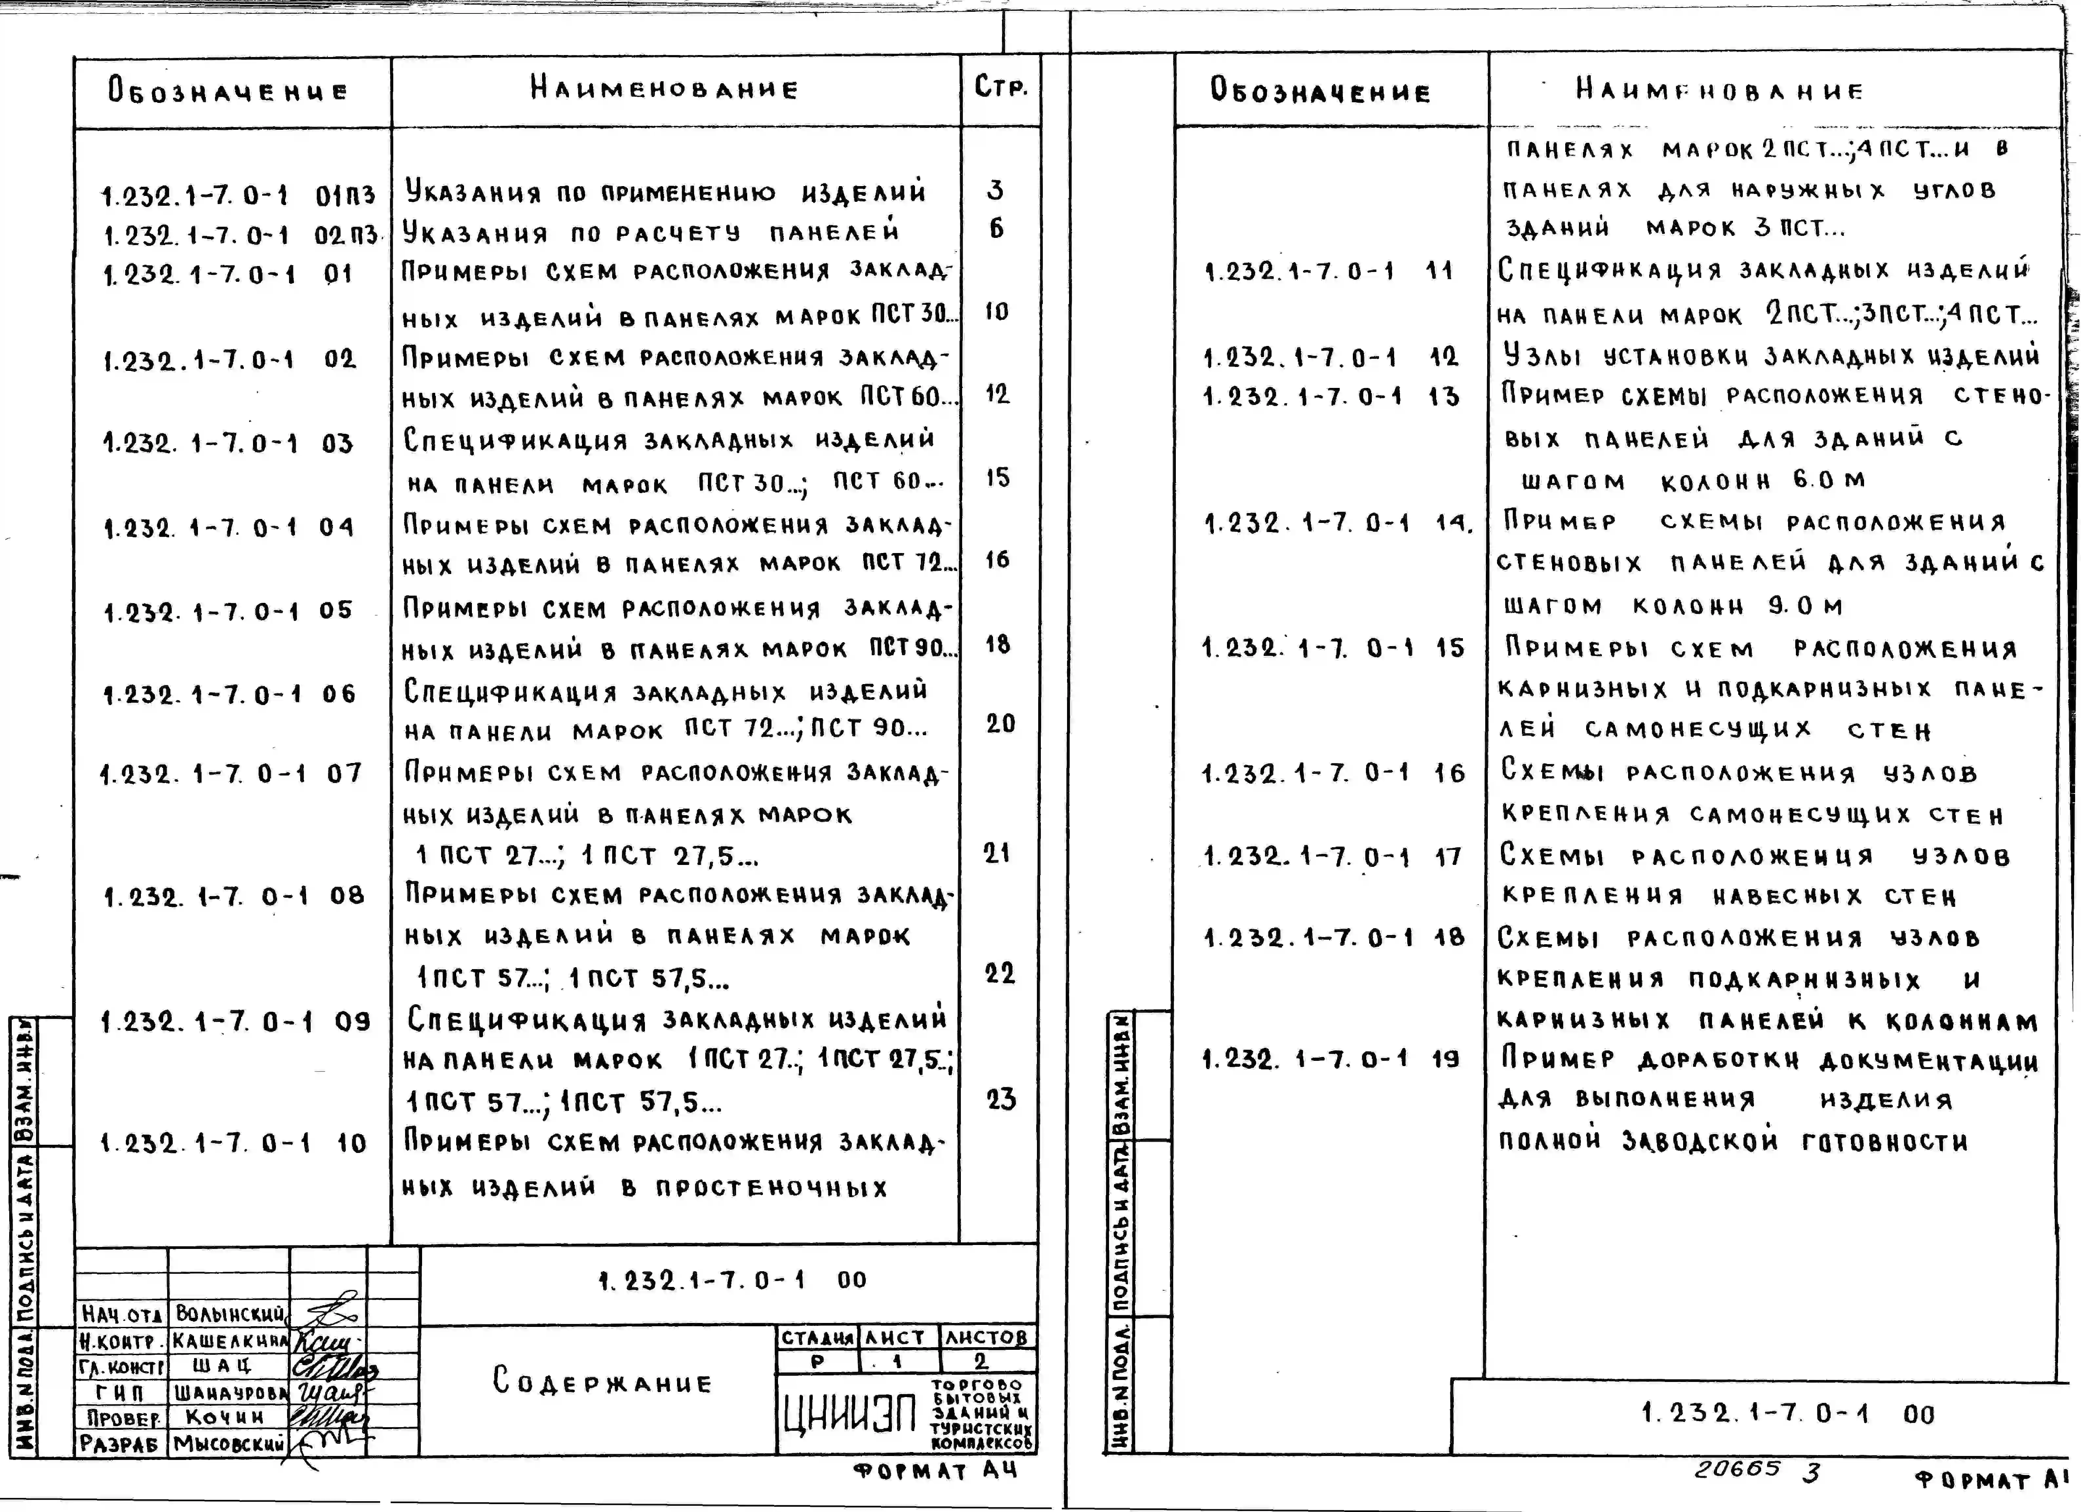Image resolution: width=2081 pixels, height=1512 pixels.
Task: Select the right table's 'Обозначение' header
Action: pos(1319,91)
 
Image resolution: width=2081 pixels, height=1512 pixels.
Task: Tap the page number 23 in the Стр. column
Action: pos(1001,1099)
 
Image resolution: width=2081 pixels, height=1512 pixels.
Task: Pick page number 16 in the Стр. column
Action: pos(997,560)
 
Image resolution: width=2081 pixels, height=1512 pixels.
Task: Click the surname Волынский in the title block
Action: pos(229,1314)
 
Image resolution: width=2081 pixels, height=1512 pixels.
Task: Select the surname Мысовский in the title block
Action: pos(229,1443)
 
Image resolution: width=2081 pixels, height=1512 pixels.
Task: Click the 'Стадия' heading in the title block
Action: pos(818,1338)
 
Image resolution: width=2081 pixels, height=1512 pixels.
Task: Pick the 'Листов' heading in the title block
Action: pos(986,1338)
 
